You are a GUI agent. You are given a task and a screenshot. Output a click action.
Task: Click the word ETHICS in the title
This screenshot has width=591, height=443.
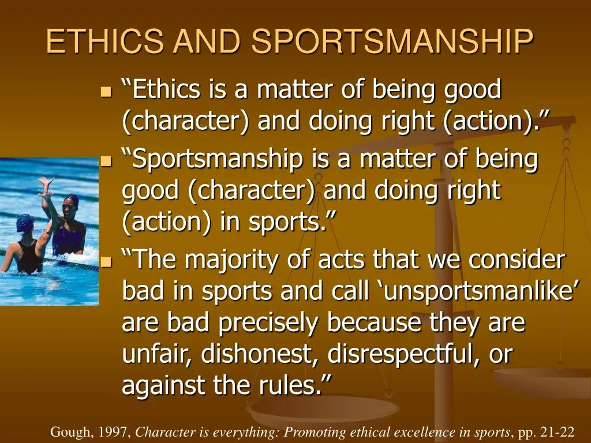(x=105, y=41)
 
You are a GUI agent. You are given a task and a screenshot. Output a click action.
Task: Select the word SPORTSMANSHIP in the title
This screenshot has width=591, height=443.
(x=392, y=41)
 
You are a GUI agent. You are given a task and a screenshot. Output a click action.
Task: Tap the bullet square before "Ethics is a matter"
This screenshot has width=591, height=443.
(x=107, y=92)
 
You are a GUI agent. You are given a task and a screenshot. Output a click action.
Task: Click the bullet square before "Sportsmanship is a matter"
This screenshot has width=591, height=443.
(x=107, y=161)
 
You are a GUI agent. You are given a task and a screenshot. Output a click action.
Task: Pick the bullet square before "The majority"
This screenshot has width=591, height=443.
(x=107, y=261)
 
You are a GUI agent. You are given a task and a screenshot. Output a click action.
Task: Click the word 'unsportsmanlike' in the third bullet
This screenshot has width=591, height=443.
(x=477, y=291)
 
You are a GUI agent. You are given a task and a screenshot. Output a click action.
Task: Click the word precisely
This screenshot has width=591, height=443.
(x=268, y=323)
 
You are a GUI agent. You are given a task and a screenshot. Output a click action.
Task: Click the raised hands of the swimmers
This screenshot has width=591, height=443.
(x=45, y=187)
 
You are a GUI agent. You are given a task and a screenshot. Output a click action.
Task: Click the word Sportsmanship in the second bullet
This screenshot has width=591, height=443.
(x=212, y=160)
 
